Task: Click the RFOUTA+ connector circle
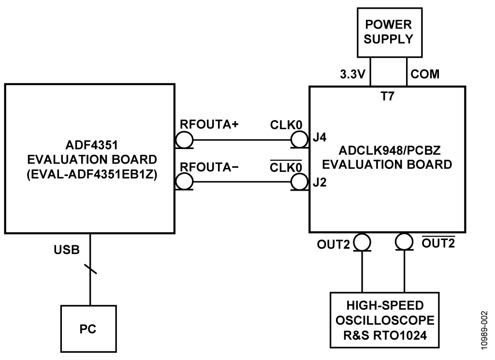coord(184,139)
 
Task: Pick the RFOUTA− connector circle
coord(184,181)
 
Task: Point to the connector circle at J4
coord(299,139)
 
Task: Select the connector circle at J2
coord(299,182)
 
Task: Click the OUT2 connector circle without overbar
coord(362,242)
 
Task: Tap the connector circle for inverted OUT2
coord(404,242)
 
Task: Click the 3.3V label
coord(352,75)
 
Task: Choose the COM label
coord(425,74)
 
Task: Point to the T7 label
coord(387,96)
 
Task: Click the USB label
coord(67,250)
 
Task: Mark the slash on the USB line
coord(90,269)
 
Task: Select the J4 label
coord(320,137)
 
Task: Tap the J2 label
coord(320,183)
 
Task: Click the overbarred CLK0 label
coord(286,166)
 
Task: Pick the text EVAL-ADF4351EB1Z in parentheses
coord(92,175)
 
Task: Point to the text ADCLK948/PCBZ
coord(389,150)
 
